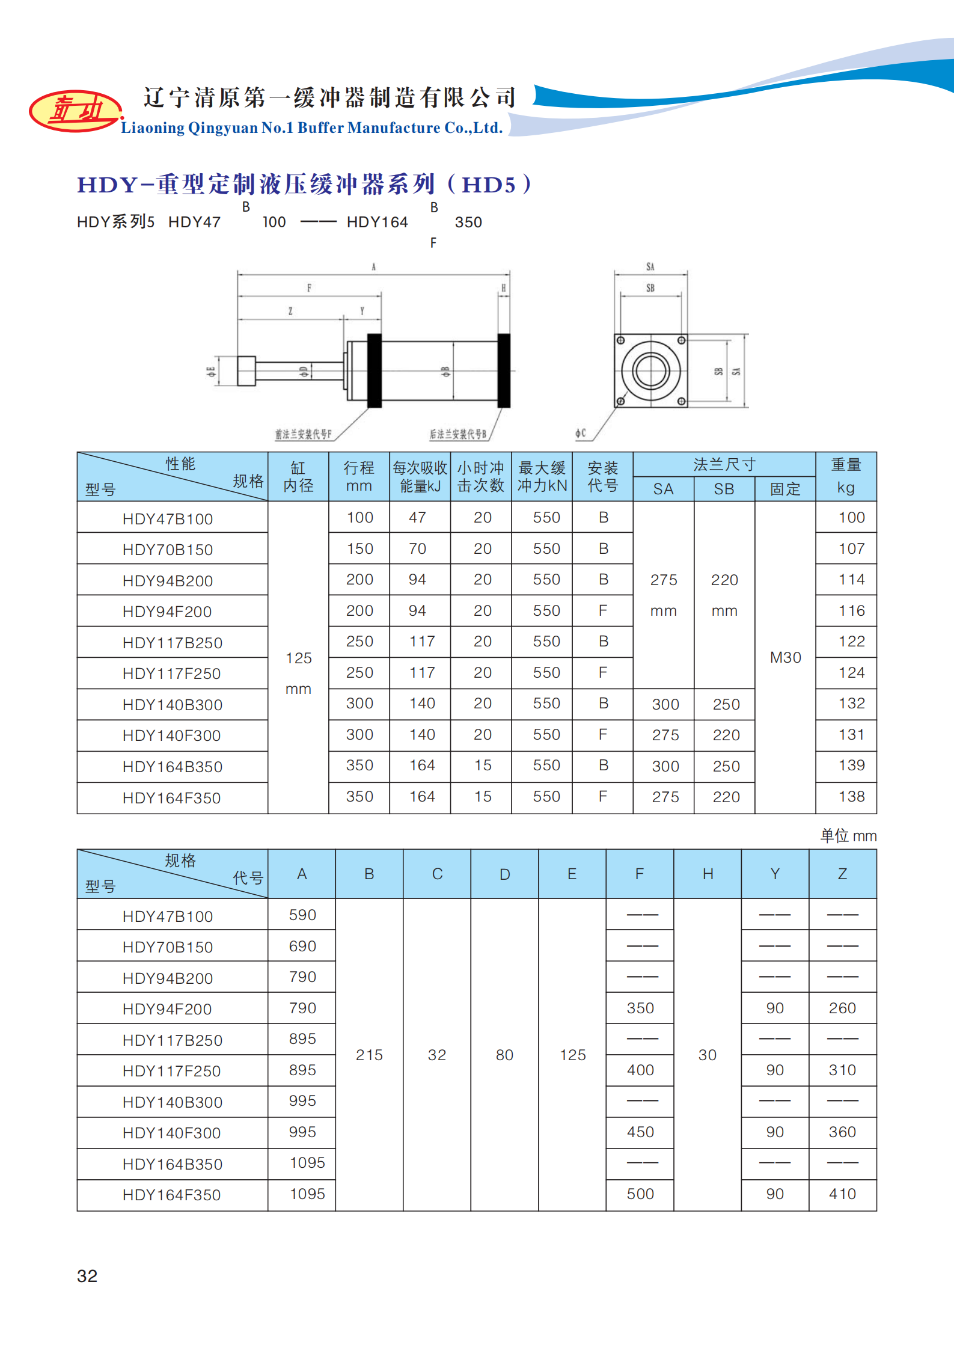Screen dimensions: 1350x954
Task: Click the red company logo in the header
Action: pyautogui.click(x=75, y=111)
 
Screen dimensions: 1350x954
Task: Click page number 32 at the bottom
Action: pyautogui.click(x=87, y=1275)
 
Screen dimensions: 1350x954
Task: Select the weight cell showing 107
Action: pyautogui.click(x=851, y=548)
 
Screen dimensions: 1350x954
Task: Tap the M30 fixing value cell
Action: pyautogui.click(x=785, y=657)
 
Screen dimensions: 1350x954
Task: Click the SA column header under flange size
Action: pyautogui.click(x=663, y=489)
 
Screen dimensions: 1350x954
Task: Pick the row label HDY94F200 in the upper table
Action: pyautogui.click(x=167, y=612)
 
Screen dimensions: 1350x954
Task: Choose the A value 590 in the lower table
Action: pyautogui.click(x=302, y=915)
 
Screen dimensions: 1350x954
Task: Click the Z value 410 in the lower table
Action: pyautogui.click(x=842, y=1194)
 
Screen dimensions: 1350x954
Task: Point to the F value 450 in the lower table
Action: pyautogui.click(x=640, y=1132)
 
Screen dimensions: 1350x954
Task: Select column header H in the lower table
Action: pyautogui.click(x=708, y=874)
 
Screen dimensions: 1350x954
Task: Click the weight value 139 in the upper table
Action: pyautogui.click(x=851, y=765)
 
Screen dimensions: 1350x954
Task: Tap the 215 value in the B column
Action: pyautogui.click(x=369, y=1055)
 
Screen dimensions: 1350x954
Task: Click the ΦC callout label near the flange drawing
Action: pyautogui.click(x=580, y=433)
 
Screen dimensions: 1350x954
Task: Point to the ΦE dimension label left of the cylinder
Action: pyautogui.click(x=211, y=372)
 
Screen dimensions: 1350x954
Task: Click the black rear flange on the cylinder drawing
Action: pyautogui.click(x=504, y=370)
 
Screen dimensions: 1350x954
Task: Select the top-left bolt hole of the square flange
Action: pyautogui.click(x=620, y=340)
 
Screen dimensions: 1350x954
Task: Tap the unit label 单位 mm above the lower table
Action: pyautogui.click(x=848, y=835)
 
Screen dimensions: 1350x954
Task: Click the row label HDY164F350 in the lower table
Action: pyautogui.click(x=171, y=1195)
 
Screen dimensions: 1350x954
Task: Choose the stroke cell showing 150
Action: pyautogui.click(x=359, y=548)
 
